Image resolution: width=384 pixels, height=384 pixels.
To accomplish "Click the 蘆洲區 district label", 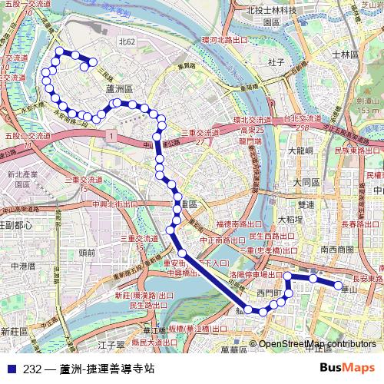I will [120, 90].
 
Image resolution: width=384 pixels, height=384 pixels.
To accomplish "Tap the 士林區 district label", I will [345, 55].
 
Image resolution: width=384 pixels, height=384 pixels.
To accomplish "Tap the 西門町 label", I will [270, 293].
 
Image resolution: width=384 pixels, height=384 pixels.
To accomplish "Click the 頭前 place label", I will [87, 251].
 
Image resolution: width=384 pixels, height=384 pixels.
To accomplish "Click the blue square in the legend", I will [11, 369].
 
